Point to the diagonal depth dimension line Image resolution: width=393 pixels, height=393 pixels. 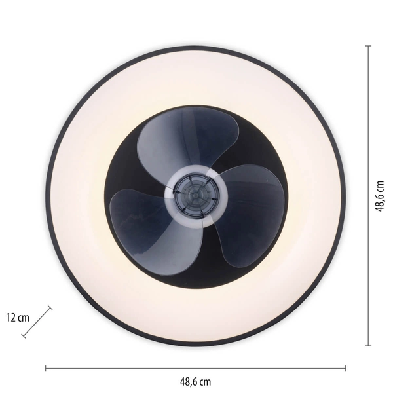click(x=37, y=322)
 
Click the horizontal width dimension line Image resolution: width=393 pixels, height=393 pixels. click(x=196, y=367)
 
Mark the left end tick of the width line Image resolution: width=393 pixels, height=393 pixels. click(x=45, y=367)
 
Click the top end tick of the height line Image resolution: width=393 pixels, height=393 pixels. click(x=368, y=46)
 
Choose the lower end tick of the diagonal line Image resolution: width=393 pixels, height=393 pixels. click(x=24, y=337)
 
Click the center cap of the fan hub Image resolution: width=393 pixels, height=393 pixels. click(x=195, y=195)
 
